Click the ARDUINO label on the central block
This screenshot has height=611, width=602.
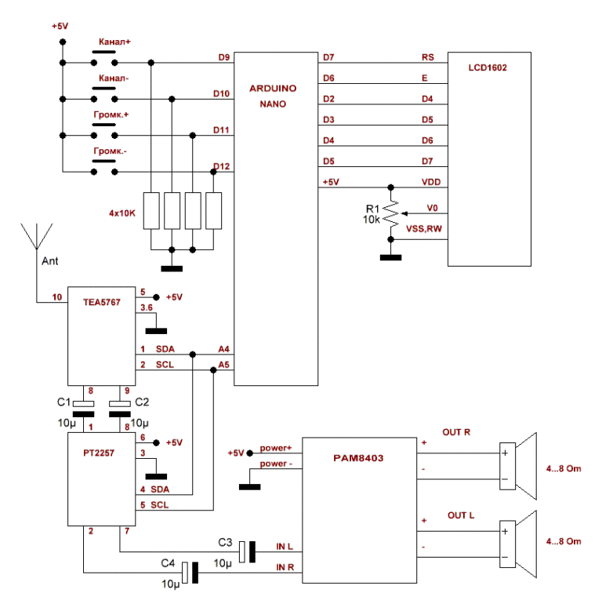coord(273,89)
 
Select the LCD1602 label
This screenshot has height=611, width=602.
coord(490,68)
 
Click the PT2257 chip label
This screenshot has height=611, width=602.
coord(98,453)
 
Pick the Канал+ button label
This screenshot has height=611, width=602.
coord(114,41)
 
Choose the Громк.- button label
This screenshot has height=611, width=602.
coord(111,150)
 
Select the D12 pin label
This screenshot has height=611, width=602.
coord(221,166)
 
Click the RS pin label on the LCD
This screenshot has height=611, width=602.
coord(428,57)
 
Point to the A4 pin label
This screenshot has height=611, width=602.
coord(224,348)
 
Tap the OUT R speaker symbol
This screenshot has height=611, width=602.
coord(517,465)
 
